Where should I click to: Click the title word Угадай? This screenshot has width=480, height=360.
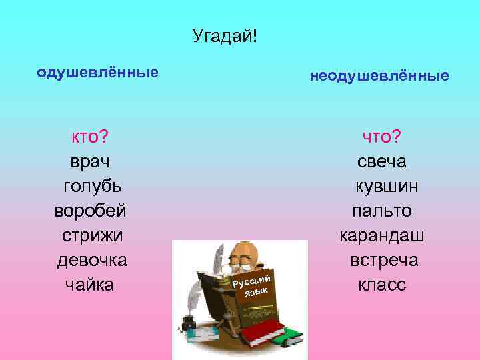(224, 35)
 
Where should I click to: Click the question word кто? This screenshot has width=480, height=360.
(91, 137)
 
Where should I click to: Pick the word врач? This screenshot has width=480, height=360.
(91, 161)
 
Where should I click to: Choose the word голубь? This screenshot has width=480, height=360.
(92, 186)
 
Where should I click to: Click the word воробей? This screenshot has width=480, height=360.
(91, 211)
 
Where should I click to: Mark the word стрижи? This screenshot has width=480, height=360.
(92, 235)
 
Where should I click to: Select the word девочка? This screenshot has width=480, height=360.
(91, 260)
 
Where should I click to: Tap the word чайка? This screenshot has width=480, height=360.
(90, 285)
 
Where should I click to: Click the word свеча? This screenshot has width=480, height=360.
(382, 161)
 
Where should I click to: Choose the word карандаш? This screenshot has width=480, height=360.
(382, 235)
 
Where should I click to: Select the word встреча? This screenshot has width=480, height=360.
(384, 260)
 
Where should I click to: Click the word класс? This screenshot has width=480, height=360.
(382, 285)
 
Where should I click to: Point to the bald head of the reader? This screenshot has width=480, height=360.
(244, 251)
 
